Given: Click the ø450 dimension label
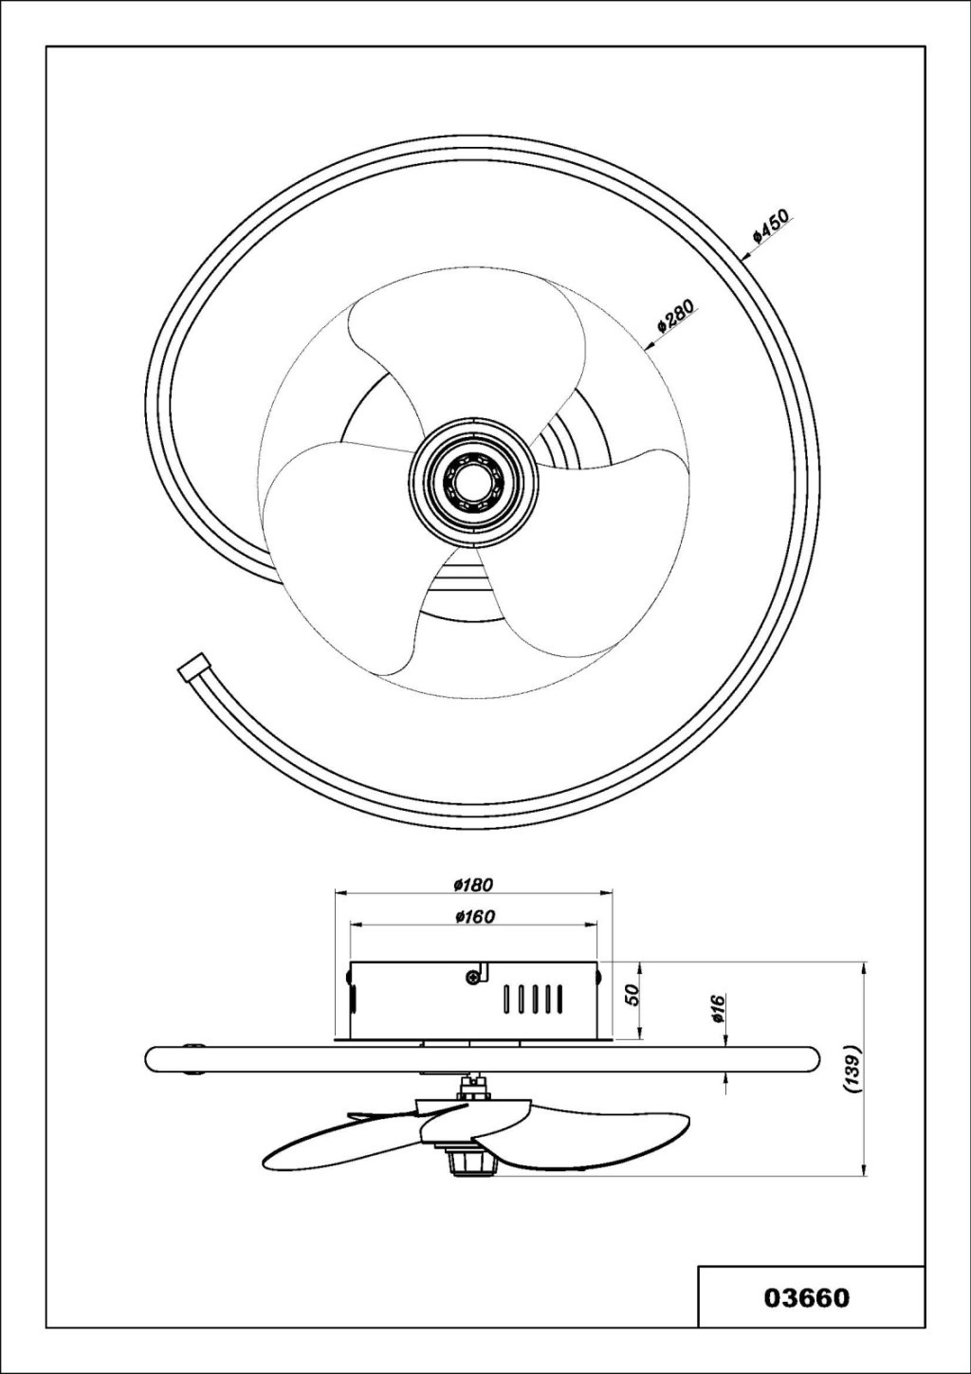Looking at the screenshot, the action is pyautogui.click(x=772, y=226).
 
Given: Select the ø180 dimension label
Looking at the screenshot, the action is pyautogui.click(x=473, y=885).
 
